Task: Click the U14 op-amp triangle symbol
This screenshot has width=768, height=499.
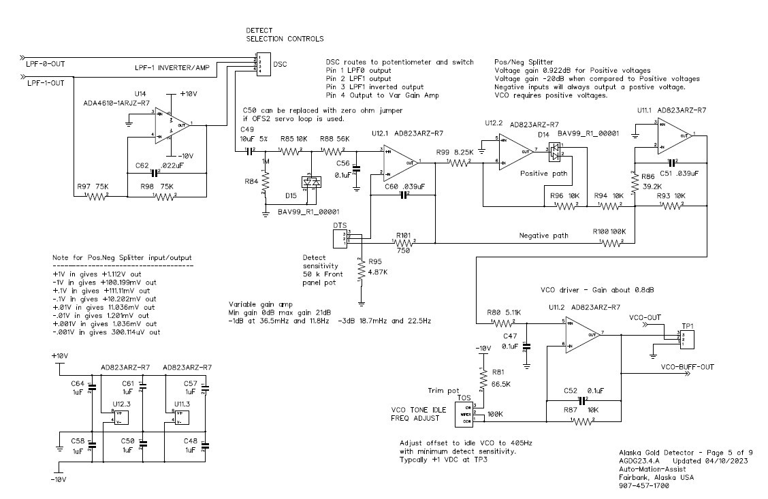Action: point(170,125)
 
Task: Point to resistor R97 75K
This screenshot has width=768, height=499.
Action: point(97,196)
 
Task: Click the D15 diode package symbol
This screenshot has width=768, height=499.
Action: point(311,182)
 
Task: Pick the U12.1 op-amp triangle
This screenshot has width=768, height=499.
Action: point(400,162)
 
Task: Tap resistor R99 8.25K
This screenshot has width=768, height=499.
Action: point(458,162)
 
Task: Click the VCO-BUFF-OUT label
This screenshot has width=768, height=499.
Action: point(687,367)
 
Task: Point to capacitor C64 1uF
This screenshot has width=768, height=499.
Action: point(93,388)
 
